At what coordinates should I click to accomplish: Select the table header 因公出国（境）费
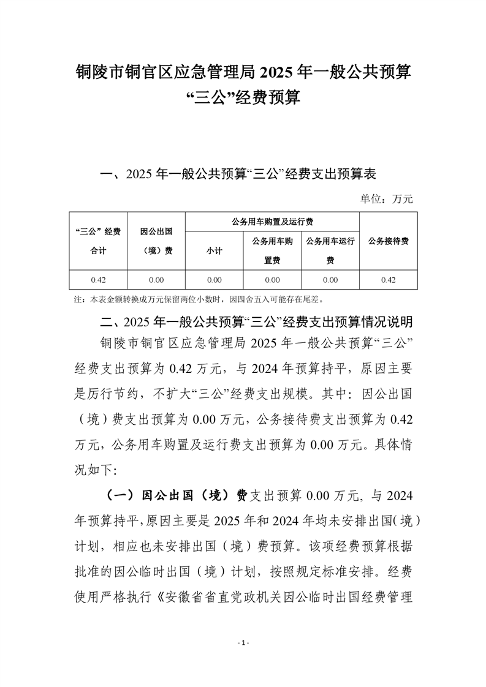(156, 241)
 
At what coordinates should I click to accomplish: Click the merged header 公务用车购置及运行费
(271, 221)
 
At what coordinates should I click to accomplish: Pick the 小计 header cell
(214, 250)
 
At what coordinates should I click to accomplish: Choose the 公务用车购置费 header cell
(272, 250)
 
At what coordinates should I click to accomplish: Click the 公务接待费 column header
(388, 241)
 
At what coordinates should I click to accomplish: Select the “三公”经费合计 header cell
(98, 241)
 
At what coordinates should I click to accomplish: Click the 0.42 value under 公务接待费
(388, 280)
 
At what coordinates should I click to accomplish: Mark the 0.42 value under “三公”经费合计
(98, 280)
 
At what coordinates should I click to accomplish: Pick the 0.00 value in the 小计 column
(214, 280)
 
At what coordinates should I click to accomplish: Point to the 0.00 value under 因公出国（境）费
(156, 280)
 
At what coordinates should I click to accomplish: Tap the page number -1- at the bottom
(243, 643)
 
